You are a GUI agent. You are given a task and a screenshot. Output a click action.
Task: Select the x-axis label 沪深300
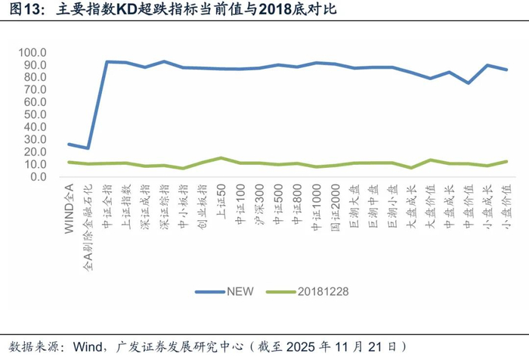click(x=258, y=200)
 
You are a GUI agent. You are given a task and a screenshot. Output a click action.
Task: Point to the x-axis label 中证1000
click(x=315, y=203)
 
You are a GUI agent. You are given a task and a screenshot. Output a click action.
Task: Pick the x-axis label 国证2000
click(x=334, y=203)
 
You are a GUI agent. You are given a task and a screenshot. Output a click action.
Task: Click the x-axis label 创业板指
click(x=202, y=201)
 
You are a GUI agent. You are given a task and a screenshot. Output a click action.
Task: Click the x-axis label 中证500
click(x=277, y=200)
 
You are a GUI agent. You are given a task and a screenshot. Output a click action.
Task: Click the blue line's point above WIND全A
click(x=70, y=144)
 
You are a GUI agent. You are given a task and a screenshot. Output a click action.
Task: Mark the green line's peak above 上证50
click(x=220, y=158)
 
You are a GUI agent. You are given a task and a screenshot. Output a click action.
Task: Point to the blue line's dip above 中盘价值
click(x=468, y=82)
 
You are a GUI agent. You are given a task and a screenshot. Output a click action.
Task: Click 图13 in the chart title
click(x=18, y=10)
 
